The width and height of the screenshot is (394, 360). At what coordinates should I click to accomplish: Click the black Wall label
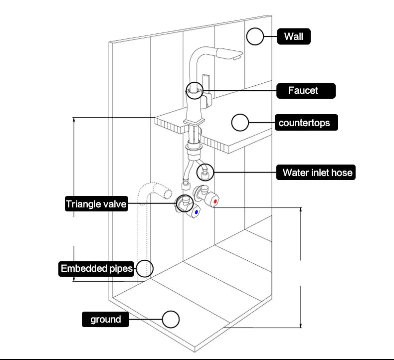pos(294,36)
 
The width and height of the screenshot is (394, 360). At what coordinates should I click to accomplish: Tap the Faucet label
pos(306,91)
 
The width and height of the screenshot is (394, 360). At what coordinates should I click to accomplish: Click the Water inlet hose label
pos(317,173)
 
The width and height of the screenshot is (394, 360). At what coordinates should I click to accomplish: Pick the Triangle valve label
pos(96,204)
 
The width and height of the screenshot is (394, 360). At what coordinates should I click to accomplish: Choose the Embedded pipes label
pos(97,269)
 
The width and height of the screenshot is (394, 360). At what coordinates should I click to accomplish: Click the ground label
pos(105,319)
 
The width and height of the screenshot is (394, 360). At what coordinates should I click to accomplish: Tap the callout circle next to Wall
pos(255,36)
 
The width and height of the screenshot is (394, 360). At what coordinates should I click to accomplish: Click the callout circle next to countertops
pos(240,122)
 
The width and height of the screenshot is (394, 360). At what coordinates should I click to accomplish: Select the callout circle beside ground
pos(171,319)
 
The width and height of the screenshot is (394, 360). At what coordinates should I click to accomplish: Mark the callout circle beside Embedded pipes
pos(144,268)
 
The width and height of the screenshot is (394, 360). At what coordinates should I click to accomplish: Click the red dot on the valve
pos(215,201)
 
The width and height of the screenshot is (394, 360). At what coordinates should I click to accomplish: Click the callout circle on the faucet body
pos(195,91)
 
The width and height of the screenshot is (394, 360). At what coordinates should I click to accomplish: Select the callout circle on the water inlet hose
pos(205,173)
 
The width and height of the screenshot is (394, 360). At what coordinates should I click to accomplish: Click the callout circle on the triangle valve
pos(183,203)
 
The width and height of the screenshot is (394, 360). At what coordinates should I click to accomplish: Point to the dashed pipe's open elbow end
pos(167,192)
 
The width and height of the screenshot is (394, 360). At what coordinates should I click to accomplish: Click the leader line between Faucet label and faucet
pos(239,91)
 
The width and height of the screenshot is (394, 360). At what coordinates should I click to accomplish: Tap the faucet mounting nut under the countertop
pos(194,148)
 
